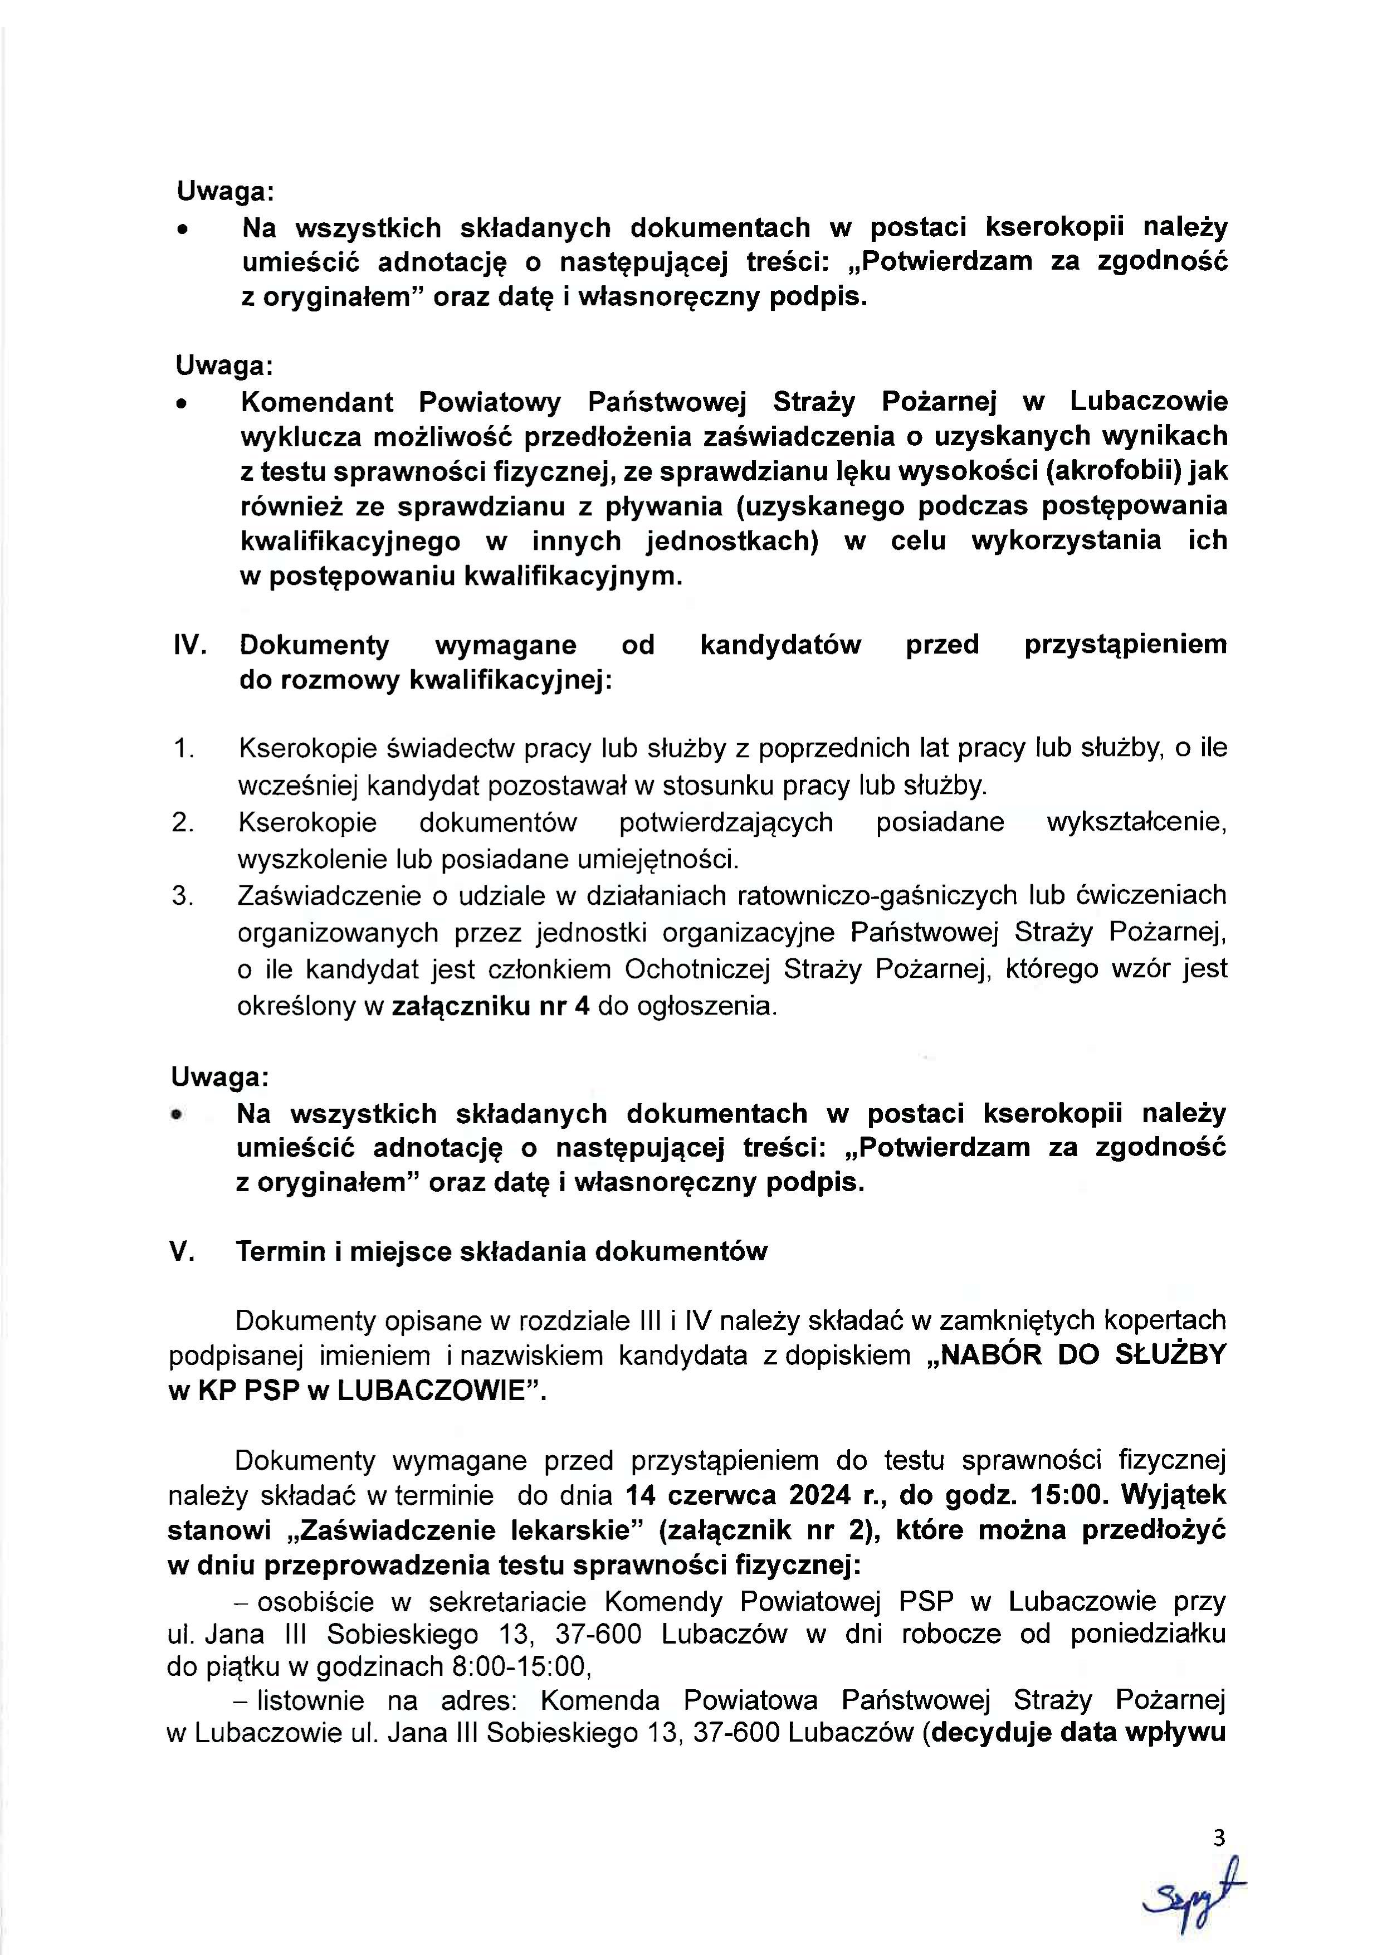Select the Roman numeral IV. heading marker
click(191, 645)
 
